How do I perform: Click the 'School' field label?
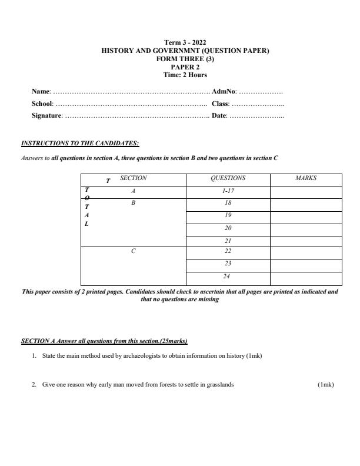[42, 104]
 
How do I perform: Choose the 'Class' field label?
[220, 104]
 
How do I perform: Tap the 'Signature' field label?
[46, 115]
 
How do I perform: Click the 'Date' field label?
[219, 115]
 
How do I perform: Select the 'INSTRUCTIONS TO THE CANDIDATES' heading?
[80, 143]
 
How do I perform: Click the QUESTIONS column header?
[228, 178]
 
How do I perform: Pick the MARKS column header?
[305, 178]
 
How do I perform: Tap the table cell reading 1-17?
[228, 191]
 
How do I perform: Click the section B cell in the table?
[133, 203]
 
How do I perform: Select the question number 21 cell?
[228, 241]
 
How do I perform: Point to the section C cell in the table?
[133, 252]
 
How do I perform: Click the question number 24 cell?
[228, 277]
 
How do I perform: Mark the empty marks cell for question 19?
[305, 217]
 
